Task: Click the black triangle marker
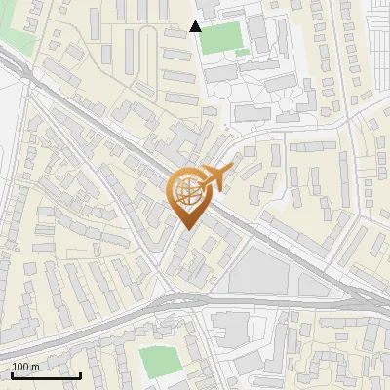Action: pos(196,25)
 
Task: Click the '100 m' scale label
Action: pos(25,367)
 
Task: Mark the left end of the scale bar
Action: pos(12,375)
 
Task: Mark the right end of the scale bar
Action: pos(81,375)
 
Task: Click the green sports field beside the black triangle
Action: pos(222,36)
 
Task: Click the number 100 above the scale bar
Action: pos(20,367)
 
